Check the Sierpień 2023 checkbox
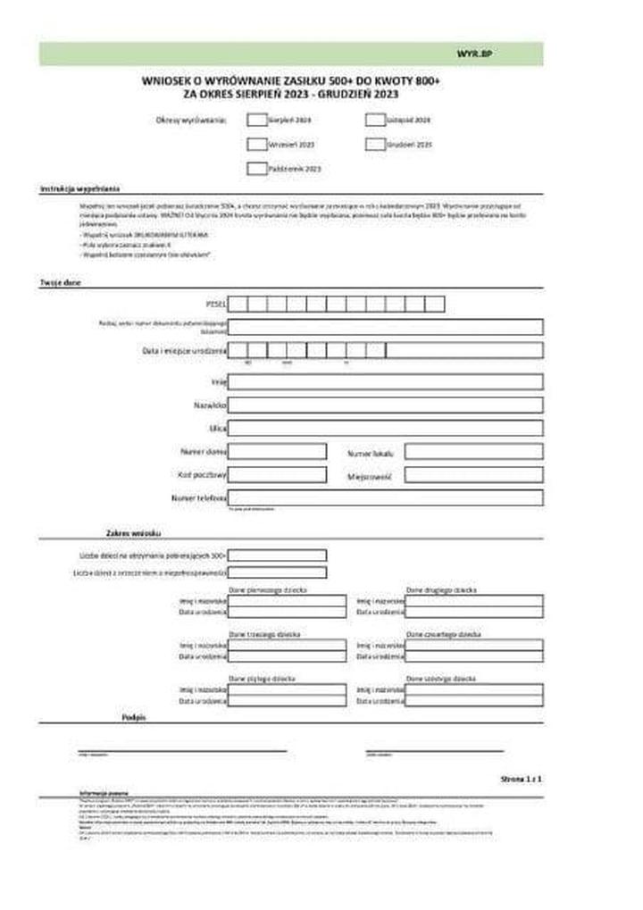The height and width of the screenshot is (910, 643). tap(256, 119)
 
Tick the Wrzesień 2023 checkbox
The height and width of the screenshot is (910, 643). tap(256, 144)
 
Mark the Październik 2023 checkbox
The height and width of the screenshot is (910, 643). tap(256, 168)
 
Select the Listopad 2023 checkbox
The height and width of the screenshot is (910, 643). tap(375, 119)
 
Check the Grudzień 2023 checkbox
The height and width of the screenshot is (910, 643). tap(375, 144)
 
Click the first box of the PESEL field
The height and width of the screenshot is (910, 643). tap(238, 304)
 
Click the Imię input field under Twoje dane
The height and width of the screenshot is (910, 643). tap(385, 382)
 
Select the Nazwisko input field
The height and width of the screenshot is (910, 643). tap(385, 405)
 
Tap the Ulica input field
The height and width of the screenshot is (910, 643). tap(385, 429)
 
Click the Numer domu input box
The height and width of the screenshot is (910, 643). tap(277, 452)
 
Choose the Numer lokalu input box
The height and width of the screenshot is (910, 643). tap(473, 452)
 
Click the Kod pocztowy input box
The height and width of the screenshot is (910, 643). tap(277, 475)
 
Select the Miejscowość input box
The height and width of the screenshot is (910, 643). tap(473, 475)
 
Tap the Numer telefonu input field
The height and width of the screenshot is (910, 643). tap(385, 497)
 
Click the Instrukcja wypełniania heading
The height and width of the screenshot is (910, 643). tap(79, 189)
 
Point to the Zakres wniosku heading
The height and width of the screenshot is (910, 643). tap(133, 533)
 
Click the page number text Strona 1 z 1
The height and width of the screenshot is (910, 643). tap(522, 780)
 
